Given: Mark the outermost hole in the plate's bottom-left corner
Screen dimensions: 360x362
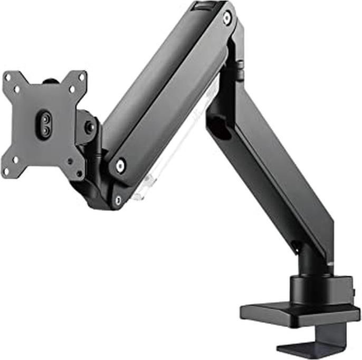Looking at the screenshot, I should (x=6, y=170).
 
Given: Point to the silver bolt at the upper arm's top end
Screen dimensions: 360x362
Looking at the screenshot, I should (x=227, y=18).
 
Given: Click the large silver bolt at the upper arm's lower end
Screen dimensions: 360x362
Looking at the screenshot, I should (x=121, y=166).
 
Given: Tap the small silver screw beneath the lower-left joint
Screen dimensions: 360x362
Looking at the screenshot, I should (x=118, y=200).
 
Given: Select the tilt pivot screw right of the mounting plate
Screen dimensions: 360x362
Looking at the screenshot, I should (x=90, y=127).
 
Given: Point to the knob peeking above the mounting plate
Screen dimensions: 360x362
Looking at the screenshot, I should (x=50, y=82).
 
